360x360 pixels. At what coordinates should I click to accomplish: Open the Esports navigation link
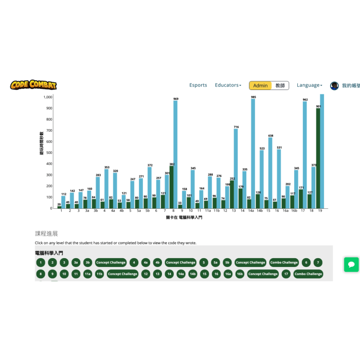[x=198, y=85]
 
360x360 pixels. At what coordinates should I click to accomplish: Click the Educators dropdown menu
[x=228, y=85]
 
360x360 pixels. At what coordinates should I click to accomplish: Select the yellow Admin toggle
[x=260, y=85]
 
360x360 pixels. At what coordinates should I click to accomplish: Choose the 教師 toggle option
[x=280, y=85]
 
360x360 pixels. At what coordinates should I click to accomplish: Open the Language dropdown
[x=309, y=85]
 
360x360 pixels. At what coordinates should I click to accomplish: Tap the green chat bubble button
[x=351, y=264]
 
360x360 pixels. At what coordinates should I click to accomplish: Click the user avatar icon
[x=334, y=85]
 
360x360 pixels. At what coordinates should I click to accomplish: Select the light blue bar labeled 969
[x=175, y=154]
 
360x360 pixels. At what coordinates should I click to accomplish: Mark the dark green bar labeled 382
[x=171, y=187]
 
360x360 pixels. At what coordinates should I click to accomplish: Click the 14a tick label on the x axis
[x=251, y=211]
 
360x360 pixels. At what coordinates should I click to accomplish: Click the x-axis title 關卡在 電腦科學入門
[x=184, y=218]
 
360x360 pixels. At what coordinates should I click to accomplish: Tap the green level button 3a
[x=76, y=262]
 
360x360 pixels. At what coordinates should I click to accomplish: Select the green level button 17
[x=285, y=274]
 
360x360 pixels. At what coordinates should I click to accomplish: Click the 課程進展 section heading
[x=46, y=233]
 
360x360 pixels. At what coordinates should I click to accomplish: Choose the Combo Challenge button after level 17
[x=308, y=274]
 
